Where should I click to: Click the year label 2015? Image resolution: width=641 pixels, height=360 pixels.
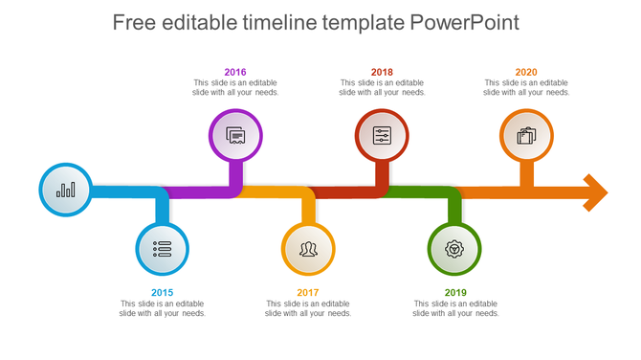163,292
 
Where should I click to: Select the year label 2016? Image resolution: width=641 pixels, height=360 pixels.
235,72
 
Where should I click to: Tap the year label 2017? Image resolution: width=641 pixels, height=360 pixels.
308,292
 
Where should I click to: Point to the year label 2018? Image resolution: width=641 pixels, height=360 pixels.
382,72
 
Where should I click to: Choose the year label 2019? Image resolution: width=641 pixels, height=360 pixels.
455,292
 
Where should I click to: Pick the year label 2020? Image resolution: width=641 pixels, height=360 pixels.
526,72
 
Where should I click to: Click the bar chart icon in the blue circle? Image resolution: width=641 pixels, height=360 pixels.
65,190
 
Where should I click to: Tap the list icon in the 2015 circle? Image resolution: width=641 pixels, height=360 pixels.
162,249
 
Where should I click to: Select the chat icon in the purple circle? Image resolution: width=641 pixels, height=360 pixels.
235,136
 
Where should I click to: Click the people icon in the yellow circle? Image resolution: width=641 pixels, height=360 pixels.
308,249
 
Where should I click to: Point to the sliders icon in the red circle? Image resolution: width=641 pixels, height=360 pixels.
382,136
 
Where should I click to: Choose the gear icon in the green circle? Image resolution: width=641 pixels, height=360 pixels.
454,249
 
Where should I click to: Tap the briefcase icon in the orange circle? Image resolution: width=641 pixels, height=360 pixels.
526,136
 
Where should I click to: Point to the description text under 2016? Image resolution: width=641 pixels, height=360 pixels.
235,88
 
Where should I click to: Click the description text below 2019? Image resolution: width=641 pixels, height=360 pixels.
455,308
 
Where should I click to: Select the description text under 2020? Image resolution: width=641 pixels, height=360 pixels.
526,88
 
